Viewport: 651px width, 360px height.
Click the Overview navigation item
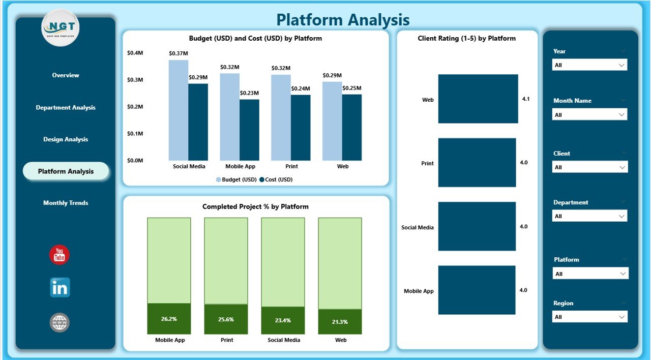tap(66, 75)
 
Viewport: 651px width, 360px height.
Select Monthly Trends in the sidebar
tap(66, 203)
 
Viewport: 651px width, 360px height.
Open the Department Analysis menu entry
tap(66, 108)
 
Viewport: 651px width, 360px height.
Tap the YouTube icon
tap(60, 255)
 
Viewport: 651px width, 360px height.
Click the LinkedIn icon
tap(60, 288)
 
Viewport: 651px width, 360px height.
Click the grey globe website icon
tap(60, 322)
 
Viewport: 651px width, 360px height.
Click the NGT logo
tap(61, 28)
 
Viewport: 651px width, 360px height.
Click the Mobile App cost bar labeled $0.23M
tap(249, 130)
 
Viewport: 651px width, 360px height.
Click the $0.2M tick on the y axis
tap(135, 107)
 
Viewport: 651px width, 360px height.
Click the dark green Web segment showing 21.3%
tap(340, 321)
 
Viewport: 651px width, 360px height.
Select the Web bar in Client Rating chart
tap(478, 99)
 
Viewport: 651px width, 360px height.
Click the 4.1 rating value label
tap(525, 99)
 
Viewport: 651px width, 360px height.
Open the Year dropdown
tap(589, 65)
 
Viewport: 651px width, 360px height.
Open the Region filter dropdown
tap(589, 317)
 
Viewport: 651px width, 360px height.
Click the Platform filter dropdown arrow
tap(622, 274)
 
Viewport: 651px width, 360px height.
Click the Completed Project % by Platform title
tap(255, 206)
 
